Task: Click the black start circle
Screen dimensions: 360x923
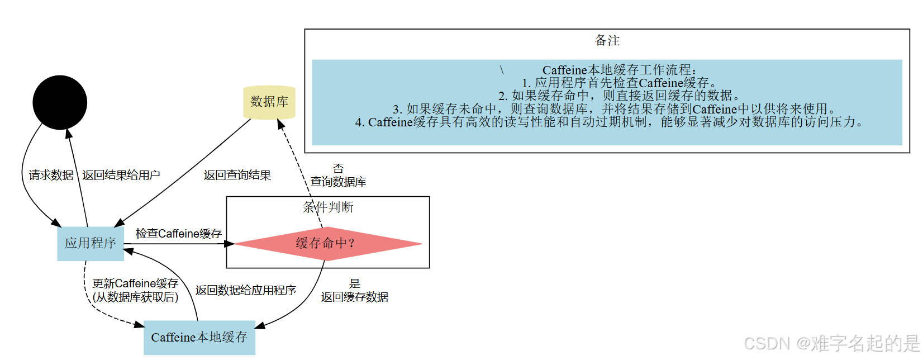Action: [x=60, y=102]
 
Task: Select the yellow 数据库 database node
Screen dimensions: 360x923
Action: [x=269, y=102]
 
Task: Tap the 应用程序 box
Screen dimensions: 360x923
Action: [x=91, y=243]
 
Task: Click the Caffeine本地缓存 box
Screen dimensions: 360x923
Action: [x=199, y=337]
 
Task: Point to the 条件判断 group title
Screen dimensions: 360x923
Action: [x=328, y=207]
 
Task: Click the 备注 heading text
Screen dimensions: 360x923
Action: [x=607, y=40]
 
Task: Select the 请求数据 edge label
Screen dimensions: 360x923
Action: [x=51, y=175]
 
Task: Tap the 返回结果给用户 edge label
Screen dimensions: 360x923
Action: [x=121, y=175]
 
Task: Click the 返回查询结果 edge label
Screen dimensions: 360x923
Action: [x=237, y=175]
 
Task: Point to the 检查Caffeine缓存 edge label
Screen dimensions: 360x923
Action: [x=179, y=233]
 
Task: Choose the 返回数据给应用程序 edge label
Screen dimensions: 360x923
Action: [x=246, y=290]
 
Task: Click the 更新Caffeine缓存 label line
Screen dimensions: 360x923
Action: [x=136, y=283]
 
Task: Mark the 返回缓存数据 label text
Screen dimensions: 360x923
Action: [x=355, y=297]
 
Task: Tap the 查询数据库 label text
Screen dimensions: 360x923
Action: [x=339, y=182]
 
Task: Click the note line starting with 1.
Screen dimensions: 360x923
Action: [x=619, y=83]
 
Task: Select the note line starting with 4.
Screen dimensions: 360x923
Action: [x=609, y=122]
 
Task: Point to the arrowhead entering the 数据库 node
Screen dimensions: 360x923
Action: [x=281, y=124]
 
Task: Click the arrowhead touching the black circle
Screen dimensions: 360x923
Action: [x=69, y=134]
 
